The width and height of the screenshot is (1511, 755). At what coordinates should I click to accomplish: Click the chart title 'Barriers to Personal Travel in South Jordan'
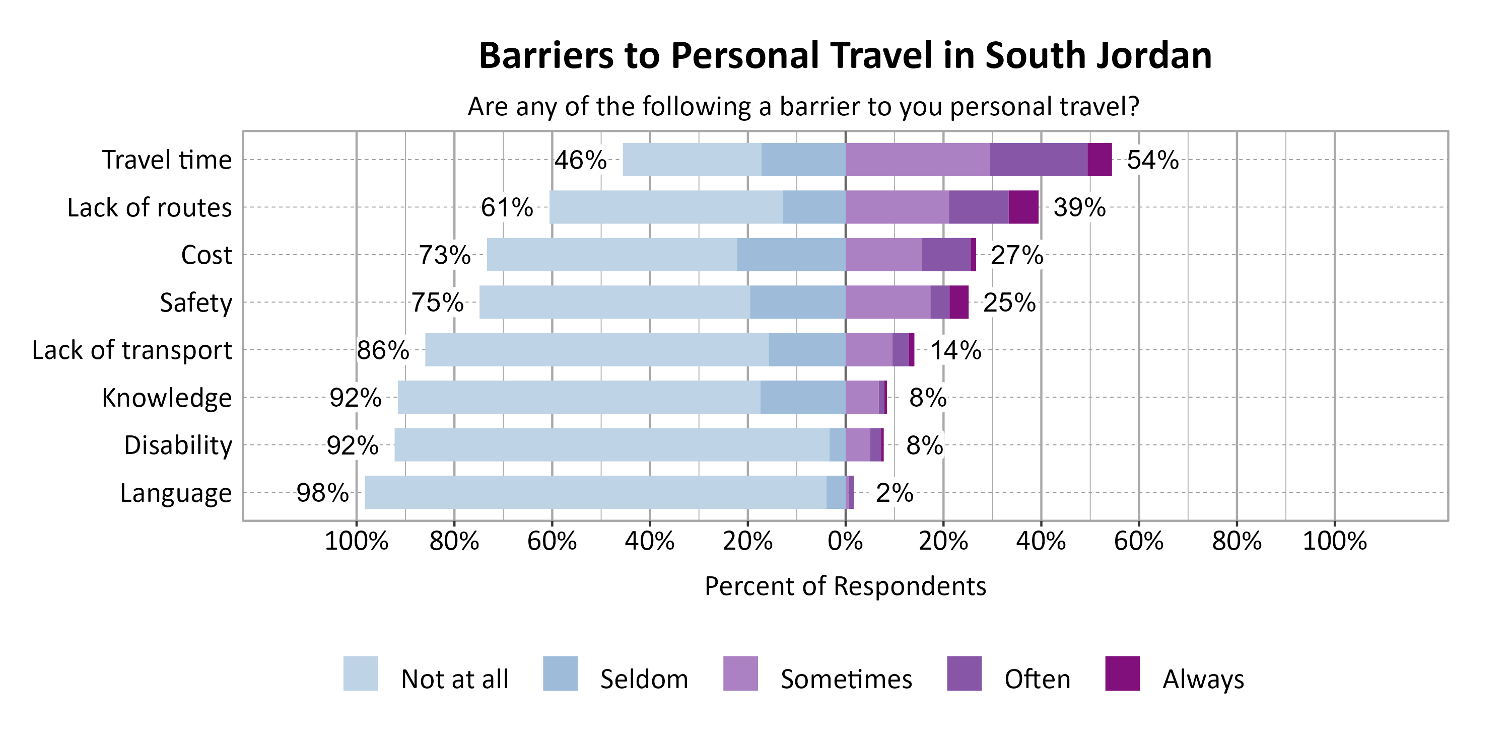point(845,56)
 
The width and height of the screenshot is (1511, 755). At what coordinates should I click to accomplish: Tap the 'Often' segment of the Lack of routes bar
point(979,207)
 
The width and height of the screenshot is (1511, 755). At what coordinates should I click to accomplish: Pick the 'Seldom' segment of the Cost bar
point(791,254)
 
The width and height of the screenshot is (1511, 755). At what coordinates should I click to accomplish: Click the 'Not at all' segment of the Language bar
point(595,492)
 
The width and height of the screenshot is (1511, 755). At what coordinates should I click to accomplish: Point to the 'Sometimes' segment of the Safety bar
point(887,302)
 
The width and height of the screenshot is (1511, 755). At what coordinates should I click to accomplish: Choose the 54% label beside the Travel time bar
point(1152,160)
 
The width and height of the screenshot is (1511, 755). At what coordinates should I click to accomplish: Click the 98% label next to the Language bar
point(322,493)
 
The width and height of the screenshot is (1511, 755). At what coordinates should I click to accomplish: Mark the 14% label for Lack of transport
point(955,350)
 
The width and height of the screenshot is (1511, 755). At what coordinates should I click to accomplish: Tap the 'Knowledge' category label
point(167,398)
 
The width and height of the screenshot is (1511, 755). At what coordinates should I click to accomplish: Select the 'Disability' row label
point(178,445)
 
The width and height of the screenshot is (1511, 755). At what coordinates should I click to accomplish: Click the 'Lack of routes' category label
point(149,207)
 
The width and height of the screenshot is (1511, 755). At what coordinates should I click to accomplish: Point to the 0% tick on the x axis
point(845,541)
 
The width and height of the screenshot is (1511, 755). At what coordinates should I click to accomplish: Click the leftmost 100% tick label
point(356,541)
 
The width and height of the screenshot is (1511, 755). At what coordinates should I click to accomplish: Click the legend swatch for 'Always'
point(1122,673)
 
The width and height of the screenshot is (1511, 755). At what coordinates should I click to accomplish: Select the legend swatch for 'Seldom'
point(560,673)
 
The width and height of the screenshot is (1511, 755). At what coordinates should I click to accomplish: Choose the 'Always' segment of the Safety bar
point(958,302)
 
